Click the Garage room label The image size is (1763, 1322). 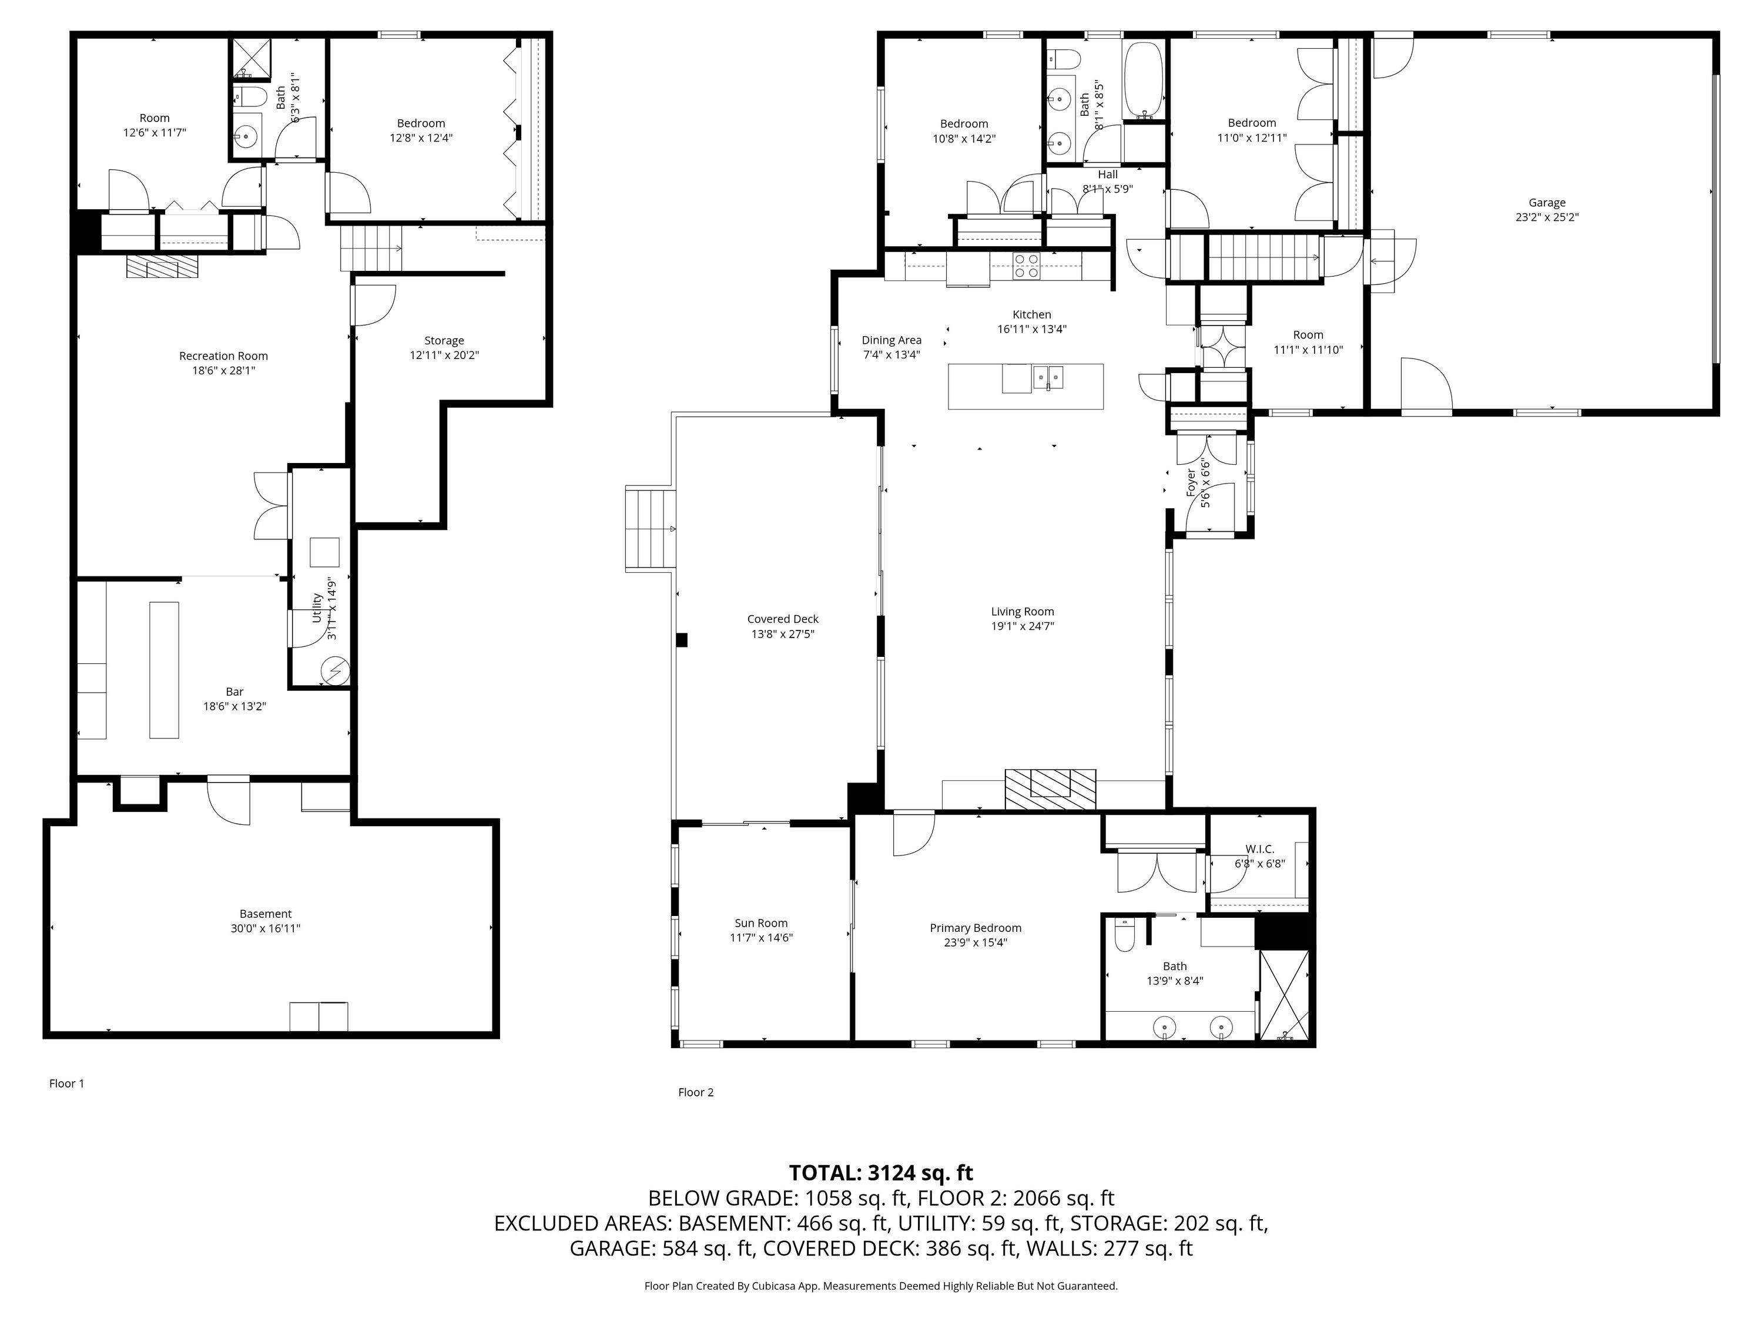click(x=1547, y=202)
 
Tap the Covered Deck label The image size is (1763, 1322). click(x=783, y=619)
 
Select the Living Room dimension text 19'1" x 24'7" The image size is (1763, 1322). click(x=1023, y=626)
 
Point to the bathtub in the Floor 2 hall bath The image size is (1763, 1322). click(x=1145, y=80)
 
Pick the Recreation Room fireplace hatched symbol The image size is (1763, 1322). click(x=162, y=266)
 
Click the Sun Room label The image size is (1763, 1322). click(x=761, y=923)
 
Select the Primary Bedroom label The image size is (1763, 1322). click(x=976, y=928)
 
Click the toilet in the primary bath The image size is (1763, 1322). click(x=1124, y=935)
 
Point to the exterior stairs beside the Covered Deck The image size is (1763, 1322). click(x=651, y=530)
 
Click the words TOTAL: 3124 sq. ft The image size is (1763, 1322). click(x=881, y=1172)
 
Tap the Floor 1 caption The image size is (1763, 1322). click(x=66, y=1083)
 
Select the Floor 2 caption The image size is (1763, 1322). click(x=696, y=1092)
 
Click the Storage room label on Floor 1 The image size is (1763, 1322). click(x=444, y=340)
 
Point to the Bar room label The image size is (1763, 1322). click(x=234, y=692)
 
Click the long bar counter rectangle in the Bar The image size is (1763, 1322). click(x=164, y=670)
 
